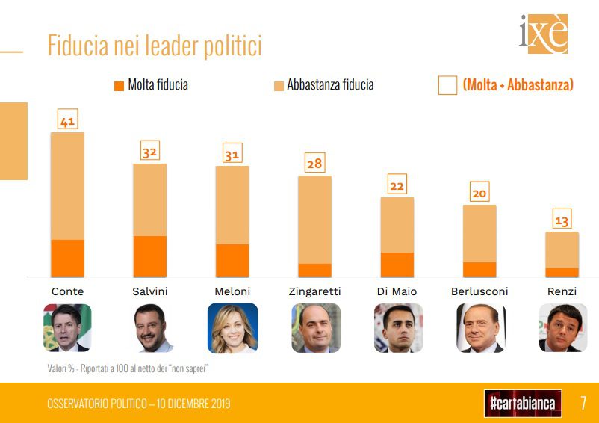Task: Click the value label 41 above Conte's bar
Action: pos(67,121)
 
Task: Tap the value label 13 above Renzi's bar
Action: pos(562,220)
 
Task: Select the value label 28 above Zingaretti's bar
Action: pos(314,164)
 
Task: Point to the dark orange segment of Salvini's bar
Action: pos(149,256)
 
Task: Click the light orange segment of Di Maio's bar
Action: pos(397,224)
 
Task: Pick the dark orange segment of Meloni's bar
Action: pos(232,260)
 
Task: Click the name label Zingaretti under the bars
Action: pos(314,291)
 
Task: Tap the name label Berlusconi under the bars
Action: pos(479,291)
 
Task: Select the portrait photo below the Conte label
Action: pos(67,327)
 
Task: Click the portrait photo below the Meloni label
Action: pos(232,327)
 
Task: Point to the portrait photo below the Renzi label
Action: pos(562,327)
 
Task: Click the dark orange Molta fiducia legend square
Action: pos(119,86)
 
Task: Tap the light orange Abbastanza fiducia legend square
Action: pos(279,86)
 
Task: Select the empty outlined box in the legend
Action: pos(447,85)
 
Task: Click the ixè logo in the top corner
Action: pos(543,34)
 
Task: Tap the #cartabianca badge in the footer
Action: pos(522,404)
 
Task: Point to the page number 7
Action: pos(583,404)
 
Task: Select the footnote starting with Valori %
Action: pos(127,368)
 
